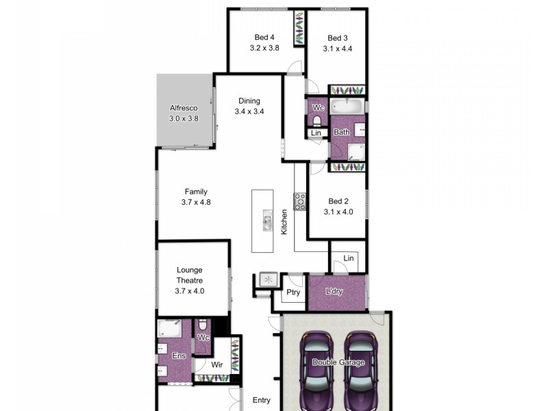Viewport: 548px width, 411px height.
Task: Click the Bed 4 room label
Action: pyautogui.click(x=264, y=38)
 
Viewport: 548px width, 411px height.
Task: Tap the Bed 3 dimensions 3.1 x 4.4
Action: pyautogui.click(x=337, y=49)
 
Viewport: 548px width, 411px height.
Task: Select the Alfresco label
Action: pyautogui.click(x=184, y=108)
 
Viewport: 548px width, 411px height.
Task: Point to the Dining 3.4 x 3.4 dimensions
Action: pyautogui.click(x=249, y=112)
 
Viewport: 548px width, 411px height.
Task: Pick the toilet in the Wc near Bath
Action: pyautogui.click(x=316, y=121)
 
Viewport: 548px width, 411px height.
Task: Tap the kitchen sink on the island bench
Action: pyautogui.click(x=268, y=221)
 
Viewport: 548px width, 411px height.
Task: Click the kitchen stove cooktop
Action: pyautogui.click(x=300, y=201)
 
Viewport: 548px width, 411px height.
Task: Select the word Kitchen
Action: pyautogui.click(x=284, y=223)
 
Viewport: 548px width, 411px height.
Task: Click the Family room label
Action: pyautogui.click(x=195, y=192)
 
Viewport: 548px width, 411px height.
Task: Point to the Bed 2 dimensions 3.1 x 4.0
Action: pyautogui.click(x=338, y=212)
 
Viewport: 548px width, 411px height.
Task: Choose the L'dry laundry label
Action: pyautogui.click(x=334, y=292)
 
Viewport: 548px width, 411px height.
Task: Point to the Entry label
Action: pyautogui.click(x=261, y=401)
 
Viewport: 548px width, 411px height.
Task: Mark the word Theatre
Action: pyautogui.click(x=190, y=280)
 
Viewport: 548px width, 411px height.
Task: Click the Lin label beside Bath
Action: pyautogui.click(x=316, y=133)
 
